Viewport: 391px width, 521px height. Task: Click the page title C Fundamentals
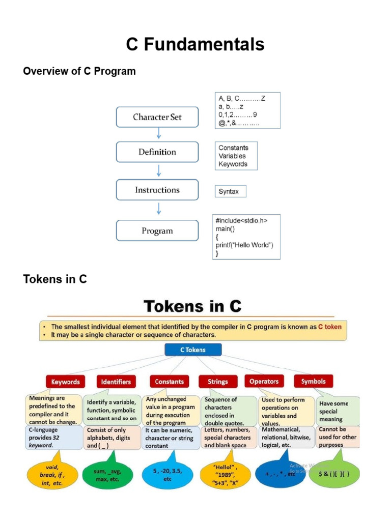(x=195, y=45)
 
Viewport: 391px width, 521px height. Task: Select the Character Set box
(x=157, y=117)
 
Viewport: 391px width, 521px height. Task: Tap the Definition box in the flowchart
(x=157, y=152)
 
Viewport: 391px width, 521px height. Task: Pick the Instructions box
(x=157, y=190)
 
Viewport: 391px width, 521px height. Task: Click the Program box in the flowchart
(x=157, y=230)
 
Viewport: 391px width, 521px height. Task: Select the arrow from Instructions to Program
(x=159, y=209)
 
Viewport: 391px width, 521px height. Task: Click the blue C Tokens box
(x=192, y=350)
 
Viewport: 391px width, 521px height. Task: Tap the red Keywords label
(x=65, y=381)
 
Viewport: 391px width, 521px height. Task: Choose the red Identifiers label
(x=116, y=381)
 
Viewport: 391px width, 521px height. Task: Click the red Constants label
(x=169, y=381)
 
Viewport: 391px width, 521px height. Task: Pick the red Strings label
(x=217, y=381)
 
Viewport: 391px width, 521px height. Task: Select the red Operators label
(x=264, y=381)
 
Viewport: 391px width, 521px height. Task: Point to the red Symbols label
(x=313, y=381)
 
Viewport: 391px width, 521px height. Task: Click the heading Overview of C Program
(x=79, y=71)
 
